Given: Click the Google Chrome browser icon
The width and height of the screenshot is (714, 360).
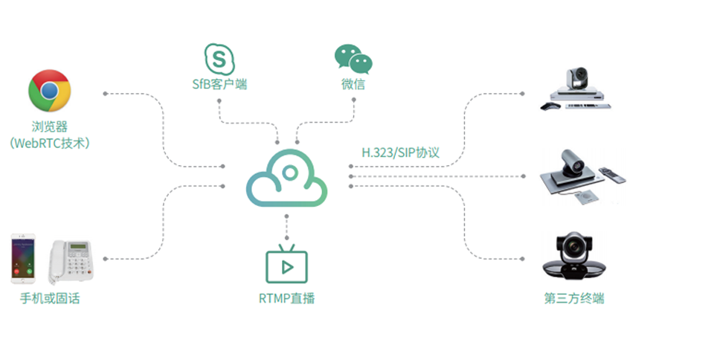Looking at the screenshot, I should pos(50,91).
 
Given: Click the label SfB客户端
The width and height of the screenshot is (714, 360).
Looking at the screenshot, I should pos(219,84).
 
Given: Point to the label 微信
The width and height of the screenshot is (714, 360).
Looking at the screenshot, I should pos(353,84).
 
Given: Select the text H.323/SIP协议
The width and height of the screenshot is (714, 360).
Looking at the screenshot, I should pos(401,152).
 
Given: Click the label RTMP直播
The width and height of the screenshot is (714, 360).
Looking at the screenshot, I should pos(287,299).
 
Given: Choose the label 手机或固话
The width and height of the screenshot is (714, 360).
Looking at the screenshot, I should pos(50,299).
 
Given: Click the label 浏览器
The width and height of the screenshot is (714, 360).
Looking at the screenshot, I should pos(50,127).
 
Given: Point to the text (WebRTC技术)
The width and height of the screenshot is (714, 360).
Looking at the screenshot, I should pos(50,143).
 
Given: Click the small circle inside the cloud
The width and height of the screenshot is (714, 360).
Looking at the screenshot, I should pos(289,172).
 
